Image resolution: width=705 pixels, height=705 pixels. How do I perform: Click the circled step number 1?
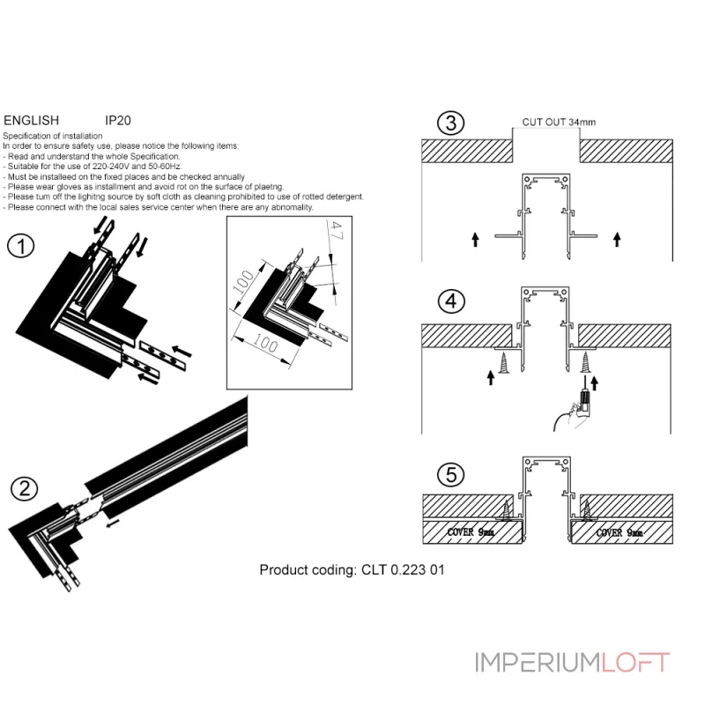pos(20,246)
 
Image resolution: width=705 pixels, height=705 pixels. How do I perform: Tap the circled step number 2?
pos(25,489)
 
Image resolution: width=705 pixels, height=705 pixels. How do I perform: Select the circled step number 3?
pos(450,122)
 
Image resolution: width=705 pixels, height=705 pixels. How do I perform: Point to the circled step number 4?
pos(451,301)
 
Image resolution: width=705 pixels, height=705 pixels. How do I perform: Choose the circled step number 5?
pos(451,474)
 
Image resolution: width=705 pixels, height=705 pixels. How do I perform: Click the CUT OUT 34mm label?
pos(559,122)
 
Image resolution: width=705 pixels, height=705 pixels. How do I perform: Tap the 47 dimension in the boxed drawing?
pos(336,230)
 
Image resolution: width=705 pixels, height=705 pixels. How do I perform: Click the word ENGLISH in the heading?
pos(32,121)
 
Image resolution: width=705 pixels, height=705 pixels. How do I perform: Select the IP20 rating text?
pos(118,121)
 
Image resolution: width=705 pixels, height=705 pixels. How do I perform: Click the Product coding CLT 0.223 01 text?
pos(352,569)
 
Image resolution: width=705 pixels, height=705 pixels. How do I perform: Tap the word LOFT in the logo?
pos(635,663)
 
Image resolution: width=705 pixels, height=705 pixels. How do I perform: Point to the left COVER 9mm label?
pos(471,532)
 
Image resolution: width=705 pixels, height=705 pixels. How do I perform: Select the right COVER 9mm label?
pos(620,533)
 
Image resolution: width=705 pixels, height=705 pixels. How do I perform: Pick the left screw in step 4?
pos(504,362)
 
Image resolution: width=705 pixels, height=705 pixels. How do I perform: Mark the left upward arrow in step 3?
pos(475,239)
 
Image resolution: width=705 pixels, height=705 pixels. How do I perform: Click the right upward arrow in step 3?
pos(617,239)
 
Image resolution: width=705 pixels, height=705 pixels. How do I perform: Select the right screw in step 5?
pos(586,510)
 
